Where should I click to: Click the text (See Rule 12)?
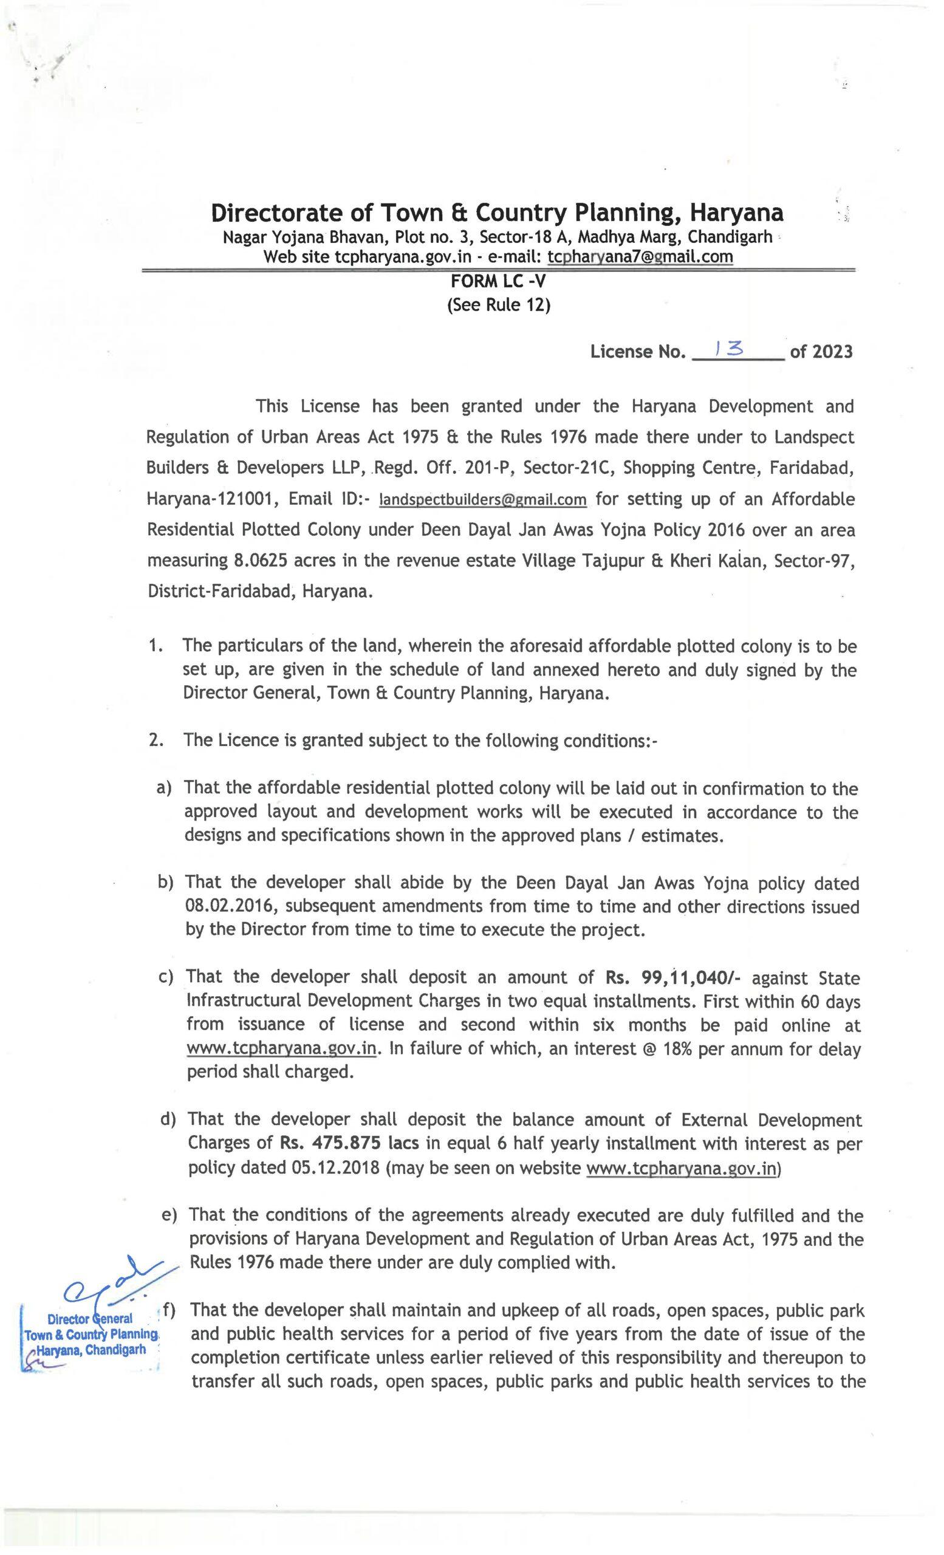click(x=499, y=306)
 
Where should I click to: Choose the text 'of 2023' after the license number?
click(x=820, y=351)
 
